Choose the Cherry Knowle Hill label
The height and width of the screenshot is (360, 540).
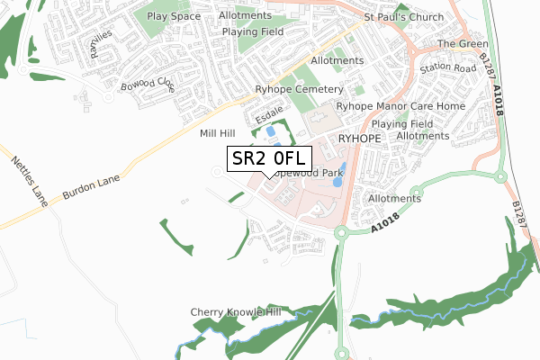pos(236,312)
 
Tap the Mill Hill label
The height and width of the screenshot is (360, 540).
pos(216,133)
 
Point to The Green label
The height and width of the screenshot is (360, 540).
pos(462,44)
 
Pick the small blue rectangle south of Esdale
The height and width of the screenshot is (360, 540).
pos(270,131)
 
